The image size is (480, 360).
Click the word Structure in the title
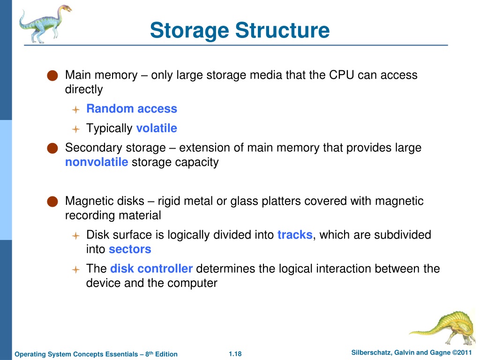click(x=282, y=30)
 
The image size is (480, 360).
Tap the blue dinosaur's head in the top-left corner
click(x=65, y=8)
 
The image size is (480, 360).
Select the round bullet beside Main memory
click(x=52, y=75)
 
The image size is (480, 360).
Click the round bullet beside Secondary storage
click(x=52, y=148)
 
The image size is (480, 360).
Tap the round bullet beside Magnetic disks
click(x=52, y=202)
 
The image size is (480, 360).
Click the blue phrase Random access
click(x=132, y=109)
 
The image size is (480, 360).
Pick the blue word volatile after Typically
click(x=157, y=128)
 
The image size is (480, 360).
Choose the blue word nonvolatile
click(x=97, y=162)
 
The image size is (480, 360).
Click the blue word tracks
click(x=295, y=235)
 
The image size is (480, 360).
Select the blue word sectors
click(x=130, y=249)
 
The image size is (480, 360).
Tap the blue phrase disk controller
click(x=151, y=269)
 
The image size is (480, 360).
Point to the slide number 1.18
click(x=235, y=354)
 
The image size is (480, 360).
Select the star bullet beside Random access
click(x=75, y=110)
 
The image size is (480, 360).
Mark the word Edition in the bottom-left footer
click(x=166, y=354)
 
